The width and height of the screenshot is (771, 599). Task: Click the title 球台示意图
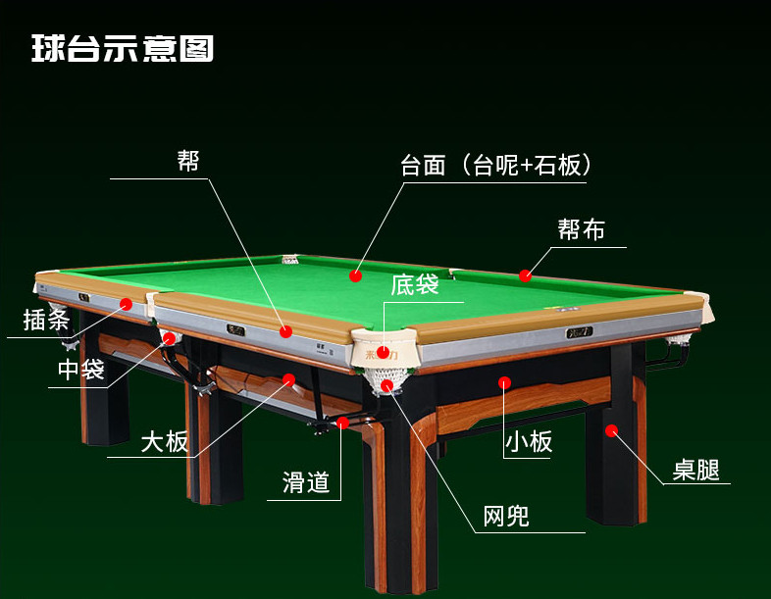tap(123, 48)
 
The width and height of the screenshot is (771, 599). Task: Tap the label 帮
tap(188, 161)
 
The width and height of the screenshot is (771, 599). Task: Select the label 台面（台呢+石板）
tap(495, 165)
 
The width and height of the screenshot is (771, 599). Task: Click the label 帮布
tap(581, 230)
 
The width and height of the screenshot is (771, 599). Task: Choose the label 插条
tap(45, 320)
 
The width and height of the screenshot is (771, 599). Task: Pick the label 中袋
tap(80, 370)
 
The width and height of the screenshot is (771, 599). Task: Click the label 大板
tap(164, 441)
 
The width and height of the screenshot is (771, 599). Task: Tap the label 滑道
tap(305, 481)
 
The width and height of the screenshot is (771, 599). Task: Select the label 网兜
tap(506, 516)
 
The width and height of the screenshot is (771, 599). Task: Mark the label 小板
tap(529, 442)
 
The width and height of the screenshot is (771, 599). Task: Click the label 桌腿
tap(696, 470)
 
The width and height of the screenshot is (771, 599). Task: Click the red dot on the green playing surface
tap(355, 276)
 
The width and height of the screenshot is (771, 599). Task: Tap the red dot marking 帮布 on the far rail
tap(526, 275)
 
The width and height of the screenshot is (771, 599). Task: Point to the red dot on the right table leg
tap(611, 429)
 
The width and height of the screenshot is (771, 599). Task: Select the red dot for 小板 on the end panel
tap(505, 382)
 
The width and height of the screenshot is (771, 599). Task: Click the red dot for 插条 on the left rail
tap(126, 304)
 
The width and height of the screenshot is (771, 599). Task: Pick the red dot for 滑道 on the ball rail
tap(342, 423)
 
